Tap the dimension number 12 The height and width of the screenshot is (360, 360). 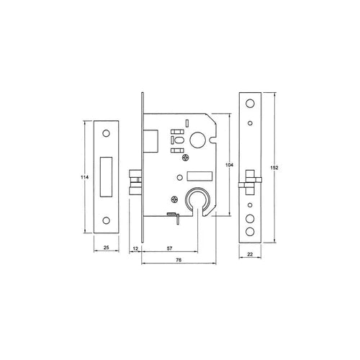(135, 248)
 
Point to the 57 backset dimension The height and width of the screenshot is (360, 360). (170, 248)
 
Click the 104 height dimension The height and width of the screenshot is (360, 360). (229, 164)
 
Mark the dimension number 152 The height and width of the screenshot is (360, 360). (274, 167)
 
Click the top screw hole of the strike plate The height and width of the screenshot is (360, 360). (107, 133)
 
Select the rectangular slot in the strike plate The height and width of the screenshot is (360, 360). (107, 175)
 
